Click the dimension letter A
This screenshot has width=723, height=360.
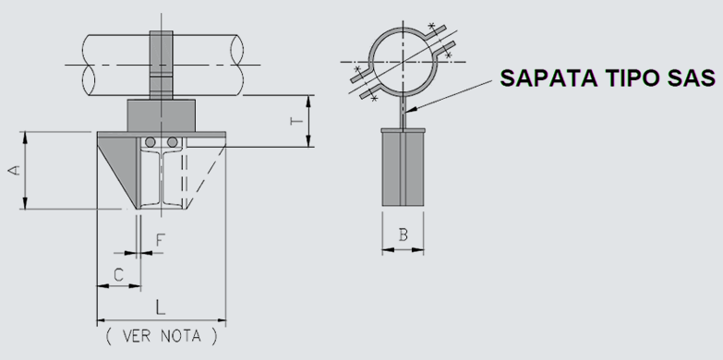pyautogui.click(x=15, y=170)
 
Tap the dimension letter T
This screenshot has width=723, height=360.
pyautogui.click(x=297, y=121)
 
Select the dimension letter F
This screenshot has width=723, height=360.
pyautogui.click(x=160, y=240)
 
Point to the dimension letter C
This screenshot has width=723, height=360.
pyautogui.click(x=118, y=275)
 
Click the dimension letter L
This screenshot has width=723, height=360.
pyautogui.click(x=160, y=306)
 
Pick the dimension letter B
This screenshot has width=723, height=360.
pyautogui.click(x=403, y=235)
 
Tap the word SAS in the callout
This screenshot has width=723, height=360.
pyautogui.click(x=691, y=78)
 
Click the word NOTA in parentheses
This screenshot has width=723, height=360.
pyautogui.click(x=181, y=336)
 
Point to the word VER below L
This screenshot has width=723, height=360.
pyautogui.click(x=136, y=336)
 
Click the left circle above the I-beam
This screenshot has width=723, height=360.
pyautogui.click(x=150, y=142)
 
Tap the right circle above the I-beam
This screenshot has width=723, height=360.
pyautogui.click(x=172, y=142)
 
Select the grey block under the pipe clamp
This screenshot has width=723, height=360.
pyautogui.click(x=161, y=115)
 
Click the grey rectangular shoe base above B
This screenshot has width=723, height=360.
pyautogui.click(x=403, y=167)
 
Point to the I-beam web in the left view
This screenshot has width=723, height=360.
pyautogui.click(x=162, y=177)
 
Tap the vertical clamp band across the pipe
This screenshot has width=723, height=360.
pyautogui.click(x=161, y=65)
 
